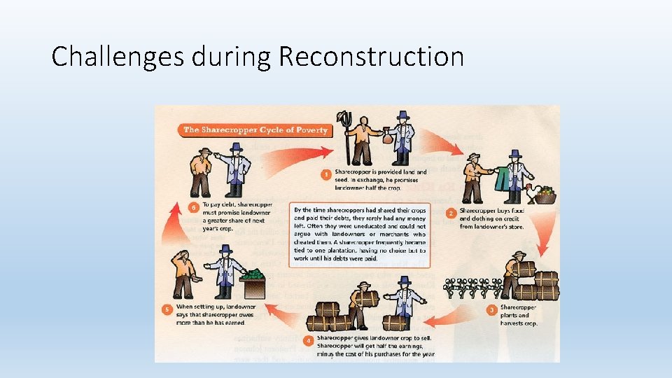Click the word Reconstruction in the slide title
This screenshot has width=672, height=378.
(371, 57)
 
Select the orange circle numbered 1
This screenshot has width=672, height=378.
(325, 174)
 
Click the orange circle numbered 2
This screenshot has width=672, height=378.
(451, 212)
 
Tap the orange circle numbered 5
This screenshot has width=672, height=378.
(167, 309)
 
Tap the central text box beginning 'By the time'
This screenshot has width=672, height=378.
(361, 234)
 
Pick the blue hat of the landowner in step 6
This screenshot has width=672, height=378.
(235, 147)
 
